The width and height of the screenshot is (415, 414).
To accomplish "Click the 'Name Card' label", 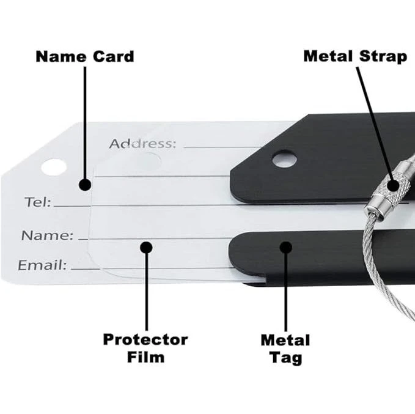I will pyautogui.click(x=84, y=57).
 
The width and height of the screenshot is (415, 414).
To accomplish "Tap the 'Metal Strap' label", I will pyautogui.click(x=355, y=57).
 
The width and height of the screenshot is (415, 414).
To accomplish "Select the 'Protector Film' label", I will pyautogui.click(x=145, y=347).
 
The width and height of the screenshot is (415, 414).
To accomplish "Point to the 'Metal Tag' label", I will pyautogui.click(x=285, y=348).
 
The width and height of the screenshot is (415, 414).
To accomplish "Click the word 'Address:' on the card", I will pyautogui.click(x=142, y=144).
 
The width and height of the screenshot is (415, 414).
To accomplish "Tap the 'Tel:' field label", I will pyautogui.click(x=38, y=202).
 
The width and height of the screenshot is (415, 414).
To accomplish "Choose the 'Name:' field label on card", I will pyautogui.click(x=47, y=235).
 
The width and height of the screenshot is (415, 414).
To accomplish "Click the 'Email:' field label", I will pyautogui.click(x=42, y=265).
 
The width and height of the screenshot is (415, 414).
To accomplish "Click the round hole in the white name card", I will pyautogui.click(x=54, y=166).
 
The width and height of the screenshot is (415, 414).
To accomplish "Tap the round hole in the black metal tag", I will pyautogui.click(x=284, y=160).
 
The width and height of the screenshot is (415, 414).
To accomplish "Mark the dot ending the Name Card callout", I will pyautogui.click(x=85, y=184).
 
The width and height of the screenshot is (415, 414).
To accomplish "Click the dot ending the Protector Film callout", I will pyautogui.click(x=145, y=247).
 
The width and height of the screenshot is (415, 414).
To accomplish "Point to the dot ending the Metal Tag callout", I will pyautogui.click(x=285, y=247).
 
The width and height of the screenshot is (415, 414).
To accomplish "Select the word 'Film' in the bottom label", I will pyautogui.click(x=145, y=357).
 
